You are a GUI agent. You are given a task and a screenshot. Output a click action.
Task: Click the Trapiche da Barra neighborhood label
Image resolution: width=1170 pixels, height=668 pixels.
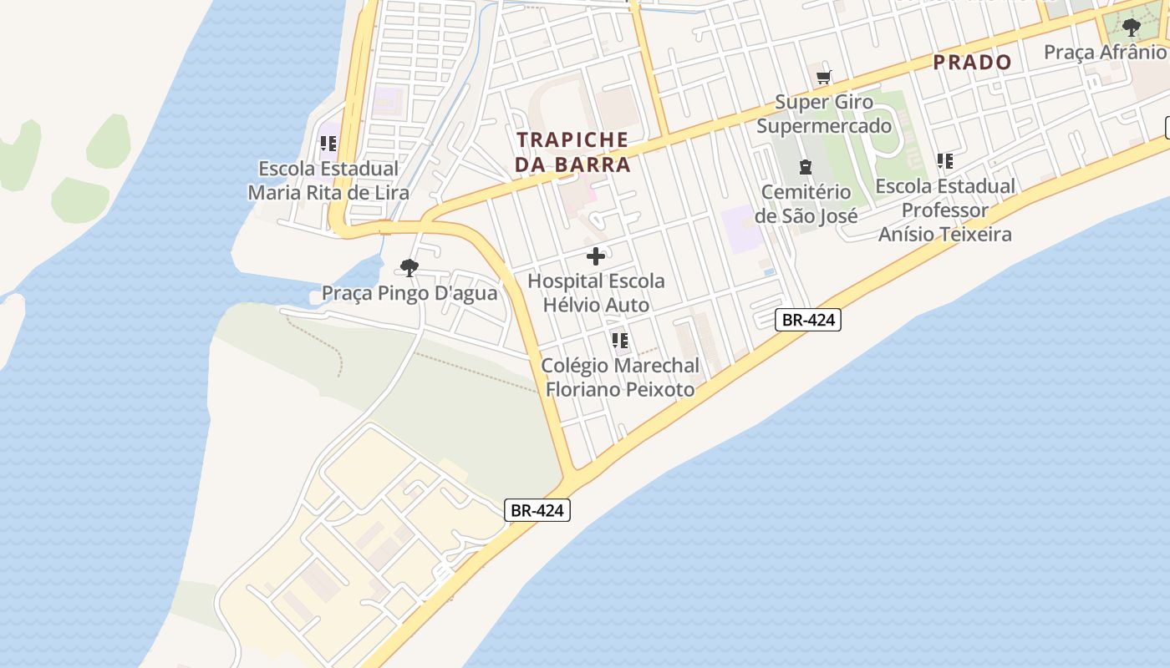pos(572,152)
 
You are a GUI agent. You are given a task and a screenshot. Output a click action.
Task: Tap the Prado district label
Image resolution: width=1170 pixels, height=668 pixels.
pos(972,62)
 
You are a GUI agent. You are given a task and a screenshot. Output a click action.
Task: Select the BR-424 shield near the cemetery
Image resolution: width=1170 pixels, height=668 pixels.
pos(807,319)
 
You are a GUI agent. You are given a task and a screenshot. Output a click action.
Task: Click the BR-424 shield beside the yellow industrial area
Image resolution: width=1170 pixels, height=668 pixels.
pos(537,510)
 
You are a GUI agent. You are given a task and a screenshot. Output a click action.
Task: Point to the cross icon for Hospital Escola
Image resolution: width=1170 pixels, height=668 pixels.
pos(596,256)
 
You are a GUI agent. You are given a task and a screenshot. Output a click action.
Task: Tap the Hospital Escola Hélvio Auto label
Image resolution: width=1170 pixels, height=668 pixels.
pos(596,293)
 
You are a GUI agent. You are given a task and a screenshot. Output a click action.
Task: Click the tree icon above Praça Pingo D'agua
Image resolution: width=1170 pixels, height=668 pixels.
pos(409,268)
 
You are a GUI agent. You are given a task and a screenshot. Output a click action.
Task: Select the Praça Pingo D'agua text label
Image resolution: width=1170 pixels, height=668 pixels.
pos(409,293)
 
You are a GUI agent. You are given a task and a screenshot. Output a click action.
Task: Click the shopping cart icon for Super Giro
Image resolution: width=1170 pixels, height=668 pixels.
pos(824,78)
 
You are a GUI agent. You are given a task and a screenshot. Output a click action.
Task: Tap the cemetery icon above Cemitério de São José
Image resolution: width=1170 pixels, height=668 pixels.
pos(806,167)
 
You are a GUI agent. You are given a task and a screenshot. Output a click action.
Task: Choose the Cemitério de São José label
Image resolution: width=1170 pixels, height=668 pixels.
pos(806,204)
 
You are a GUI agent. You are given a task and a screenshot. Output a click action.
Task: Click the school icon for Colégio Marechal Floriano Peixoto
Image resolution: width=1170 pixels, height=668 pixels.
pos(619,341)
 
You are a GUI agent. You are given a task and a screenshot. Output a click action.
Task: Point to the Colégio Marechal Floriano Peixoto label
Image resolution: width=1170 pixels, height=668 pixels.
pos(619,377)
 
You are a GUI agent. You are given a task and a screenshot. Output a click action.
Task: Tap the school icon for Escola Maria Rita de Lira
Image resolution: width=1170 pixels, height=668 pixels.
pos(328,144)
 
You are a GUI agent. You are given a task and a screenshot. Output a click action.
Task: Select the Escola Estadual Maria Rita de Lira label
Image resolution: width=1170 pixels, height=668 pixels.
pos(328,180)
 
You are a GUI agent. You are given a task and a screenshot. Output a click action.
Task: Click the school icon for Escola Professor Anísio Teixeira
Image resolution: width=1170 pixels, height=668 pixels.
pos(945,161)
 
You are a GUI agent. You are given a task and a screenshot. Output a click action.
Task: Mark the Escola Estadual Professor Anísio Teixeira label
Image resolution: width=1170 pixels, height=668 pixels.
pos(945,210)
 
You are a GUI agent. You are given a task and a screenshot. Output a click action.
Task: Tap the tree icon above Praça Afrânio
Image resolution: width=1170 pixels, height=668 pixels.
pos(1132,28)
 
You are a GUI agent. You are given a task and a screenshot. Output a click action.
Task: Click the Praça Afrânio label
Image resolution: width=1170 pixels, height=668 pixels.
pos(1105,52)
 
